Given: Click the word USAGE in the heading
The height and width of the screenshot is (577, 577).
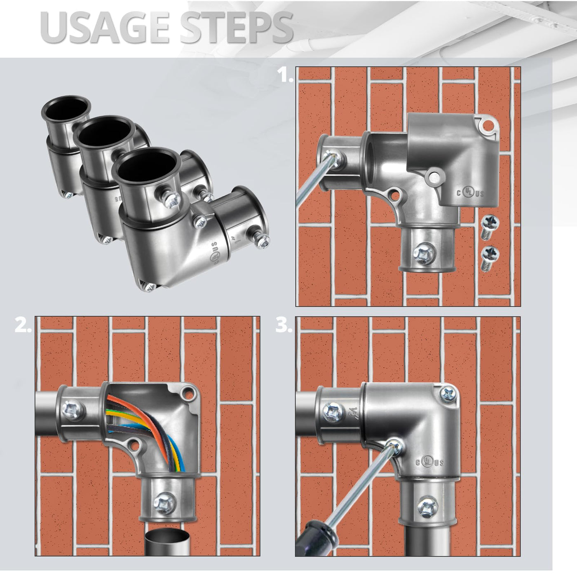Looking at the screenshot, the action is point(105,28).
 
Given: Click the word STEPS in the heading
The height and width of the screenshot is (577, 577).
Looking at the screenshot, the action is point(237,28).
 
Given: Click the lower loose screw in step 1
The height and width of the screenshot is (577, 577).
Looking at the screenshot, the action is point(490,258).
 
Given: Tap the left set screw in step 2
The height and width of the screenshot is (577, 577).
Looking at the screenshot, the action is point(73,408).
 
